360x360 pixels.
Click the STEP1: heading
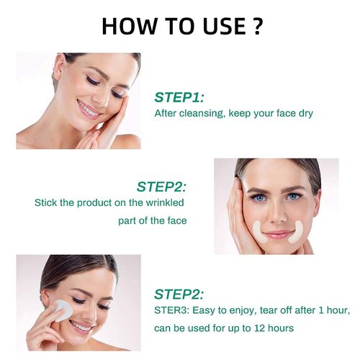point(179,96)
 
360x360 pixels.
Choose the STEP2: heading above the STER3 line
point(179,294)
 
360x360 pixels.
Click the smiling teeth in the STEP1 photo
point(89,110)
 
